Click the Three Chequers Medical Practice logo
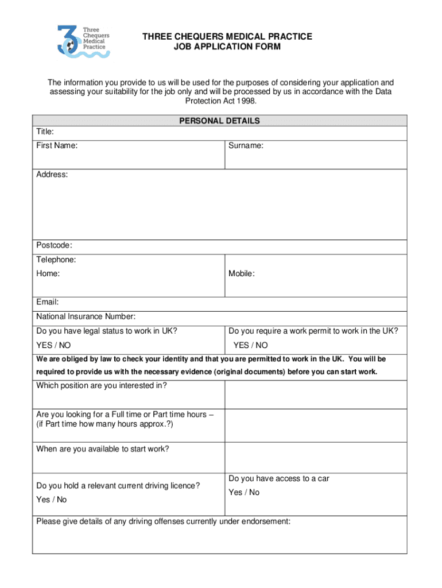tap(84, 40)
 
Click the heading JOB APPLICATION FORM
tap(227, 47)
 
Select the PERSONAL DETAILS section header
tap(219, 121)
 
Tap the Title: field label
tap(45, 131)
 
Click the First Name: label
tap(57, 146)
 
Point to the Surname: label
tap(246, 146)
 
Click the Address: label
tap(52, 174)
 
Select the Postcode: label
tap(55, 246)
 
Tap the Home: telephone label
tap(48, 274)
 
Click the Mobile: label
tap(242, 274)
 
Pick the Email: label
tap(48, 302)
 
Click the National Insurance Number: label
tap(86, 316)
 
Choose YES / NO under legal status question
tap(53, 345)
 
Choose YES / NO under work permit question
tap(250, 345)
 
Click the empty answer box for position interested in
tap(315, 393)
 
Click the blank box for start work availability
tap(315, 457)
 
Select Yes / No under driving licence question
tap(52, 500)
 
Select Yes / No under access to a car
tap(244, 493)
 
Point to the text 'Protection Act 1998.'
tap(220, 100)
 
